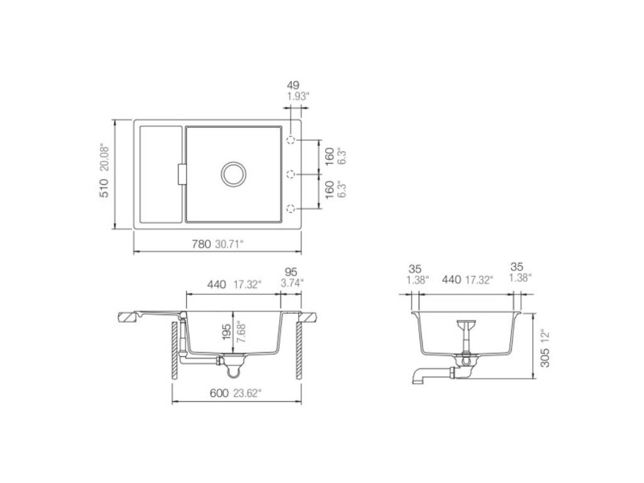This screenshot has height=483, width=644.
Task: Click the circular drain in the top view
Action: (233, 174)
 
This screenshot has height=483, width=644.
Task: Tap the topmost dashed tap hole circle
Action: (291, 140)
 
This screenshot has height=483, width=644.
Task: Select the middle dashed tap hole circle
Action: (291, 174)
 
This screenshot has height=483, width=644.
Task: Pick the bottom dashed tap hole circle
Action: (291, 208)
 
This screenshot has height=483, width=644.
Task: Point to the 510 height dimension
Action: (104, 188)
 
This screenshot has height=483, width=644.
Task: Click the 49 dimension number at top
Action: (292, 85)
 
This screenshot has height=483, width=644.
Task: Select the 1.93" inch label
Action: (298, 96)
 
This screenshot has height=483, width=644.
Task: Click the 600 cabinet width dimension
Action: (218, 393)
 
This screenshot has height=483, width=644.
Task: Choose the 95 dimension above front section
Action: (291, 272)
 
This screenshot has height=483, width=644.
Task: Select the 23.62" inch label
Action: (247, 393)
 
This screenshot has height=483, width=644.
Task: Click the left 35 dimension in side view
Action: (415, 267)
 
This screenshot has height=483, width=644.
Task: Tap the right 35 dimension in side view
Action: (517, 267)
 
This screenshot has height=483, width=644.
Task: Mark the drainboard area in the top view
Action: (160, 174)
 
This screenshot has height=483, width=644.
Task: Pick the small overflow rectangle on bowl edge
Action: (182, 174)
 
